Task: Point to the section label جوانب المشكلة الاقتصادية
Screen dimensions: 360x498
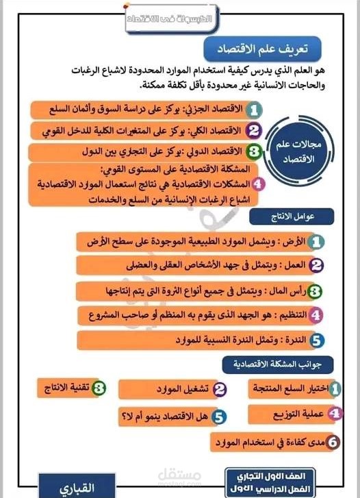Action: click(x=277, y=365)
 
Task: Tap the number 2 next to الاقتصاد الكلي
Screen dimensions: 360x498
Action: click(x=254, y=130)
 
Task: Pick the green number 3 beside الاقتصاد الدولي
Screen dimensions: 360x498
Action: click(x=253, y=151)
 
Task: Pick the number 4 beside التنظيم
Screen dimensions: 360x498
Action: click(x=315, y=315)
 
